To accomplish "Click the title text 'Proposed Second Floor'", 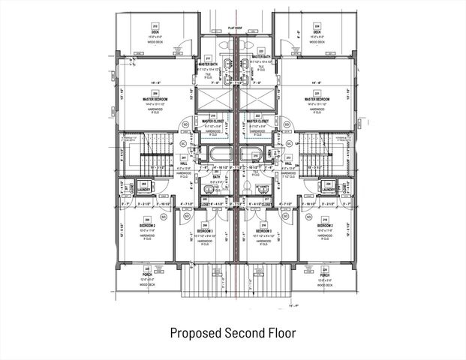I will click(233, 332).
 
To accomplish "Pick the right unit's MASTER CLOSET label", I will click(257, 120).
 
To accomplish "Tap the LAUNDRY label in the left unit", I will click(143, 190).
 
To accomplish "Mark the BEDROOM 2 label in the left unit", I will click(147, 225).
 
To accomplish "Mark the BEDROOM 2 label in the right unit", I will click(324, 225).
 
